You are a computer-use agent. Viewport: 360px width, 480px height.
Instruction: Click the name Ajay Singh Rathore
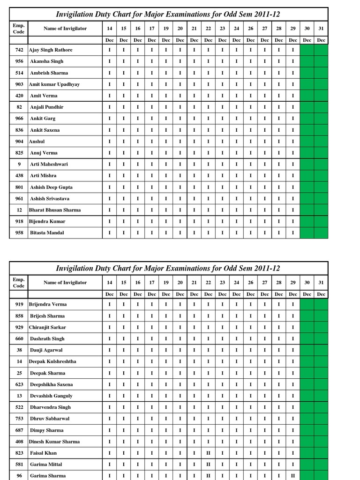51,50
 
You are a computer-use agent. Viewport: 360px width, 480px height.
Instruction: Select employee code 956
19,61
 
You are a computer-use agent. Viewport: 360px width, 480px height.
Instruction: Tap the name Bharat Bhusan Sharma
55,210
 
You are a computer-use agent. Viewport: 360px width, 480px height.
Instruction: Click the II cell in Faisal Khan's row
208,453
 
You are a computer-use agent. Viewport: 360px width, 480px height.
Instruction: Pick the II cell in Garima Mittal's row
208,465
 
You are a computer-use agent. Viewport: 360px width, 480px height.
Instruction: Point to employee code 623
19,384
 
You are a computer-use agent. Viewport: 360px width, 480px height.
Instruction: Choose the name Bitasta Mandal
47,233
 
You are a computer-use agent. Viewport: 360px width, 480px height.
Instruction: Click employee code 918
19,221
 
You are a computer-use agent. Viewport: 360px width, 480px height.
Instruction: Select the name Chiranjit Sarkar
47,327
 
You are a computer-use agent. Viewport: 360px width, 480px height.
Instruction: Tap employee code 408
19,442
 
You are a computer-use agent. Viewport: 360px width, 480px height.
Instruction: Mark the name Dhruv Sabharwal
50,419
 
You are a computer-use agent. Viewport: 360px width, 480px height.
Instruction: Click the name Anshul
37,142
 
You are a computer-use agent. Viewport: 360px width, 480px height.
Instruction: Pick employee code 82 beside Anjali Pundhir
19,107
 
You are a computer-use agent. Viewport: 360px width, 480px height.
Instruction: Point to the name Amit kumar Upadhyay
54,84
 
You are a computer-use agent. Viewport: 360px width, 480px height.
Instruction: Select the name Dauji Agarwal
46,350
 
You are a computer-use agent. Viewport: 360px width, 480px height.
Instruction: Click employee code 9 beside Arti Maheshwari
19,165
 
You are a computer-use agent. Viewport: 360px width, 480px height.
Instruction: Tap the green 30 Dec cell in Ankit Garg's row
307,119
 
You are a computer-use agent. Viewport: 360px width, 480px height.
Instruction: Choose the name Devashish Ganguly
51,396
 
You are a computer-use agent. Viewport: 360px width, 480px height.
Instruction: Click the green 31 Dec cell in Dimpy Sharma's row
321,430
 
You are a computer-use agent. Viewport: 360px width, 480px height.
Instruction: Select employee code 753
19,419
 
